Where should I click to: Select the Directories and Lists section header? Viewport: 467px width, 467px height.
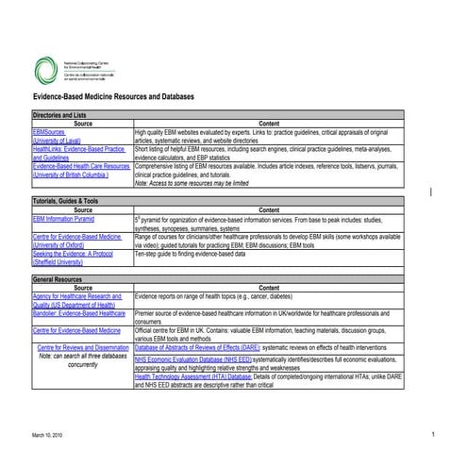61,114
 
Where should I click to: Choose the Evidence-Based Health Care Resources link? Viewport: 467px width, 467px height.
81,165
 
